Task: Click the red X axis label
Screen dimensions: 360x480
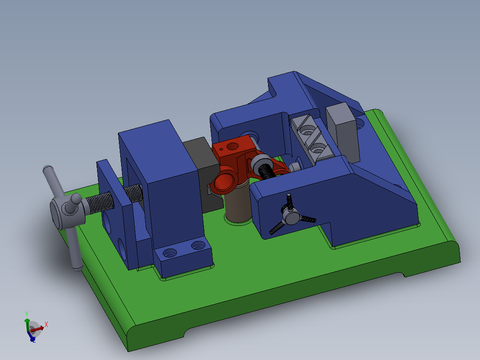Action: pyautogui.click(x=46, y=324)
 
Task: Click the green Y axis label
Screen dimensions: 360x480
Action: pyautogui.click(x=27, y=314)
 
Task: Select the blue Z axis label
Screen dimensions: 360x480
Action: pyautogui.click(x=33, y=340)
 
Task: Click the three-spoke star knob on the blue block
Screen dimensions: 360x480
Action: pyautogui.click(x=292, y=217)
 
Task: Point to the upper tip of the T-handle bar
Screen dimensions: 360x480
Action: pyautogui.click(x=47, y=170)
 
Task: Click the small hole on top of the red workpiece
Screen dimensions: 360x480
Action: pyautogui.click(x=230, y=146)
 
